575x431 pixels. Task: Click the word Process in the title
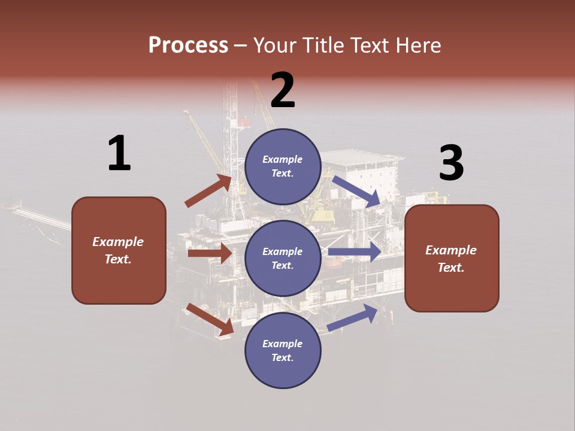click(188, 45)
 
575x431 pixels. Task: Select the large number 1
click(119, 153)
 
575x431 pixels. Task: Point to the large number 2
click(283, 90)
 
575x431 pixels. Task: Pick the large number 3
click(451, 163)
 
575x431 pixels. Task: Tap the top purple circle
click(283, 166)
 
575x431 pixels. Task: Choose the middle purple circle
click(283, 258)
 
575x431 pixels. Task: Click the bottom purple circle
click(283, 350)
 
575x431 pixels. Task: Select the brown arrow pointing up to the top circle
click(208, 191)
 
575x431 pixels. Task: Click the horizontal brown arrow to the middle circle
click(210, 253)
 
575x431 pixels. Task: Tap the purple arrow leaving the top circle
click(356, 191)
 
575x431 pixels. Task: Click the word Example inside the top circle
click(283, 159)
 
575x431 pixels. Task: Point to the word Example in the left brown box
click(118, 242)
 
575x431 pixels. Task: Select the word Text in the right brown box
click(450, 268)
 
